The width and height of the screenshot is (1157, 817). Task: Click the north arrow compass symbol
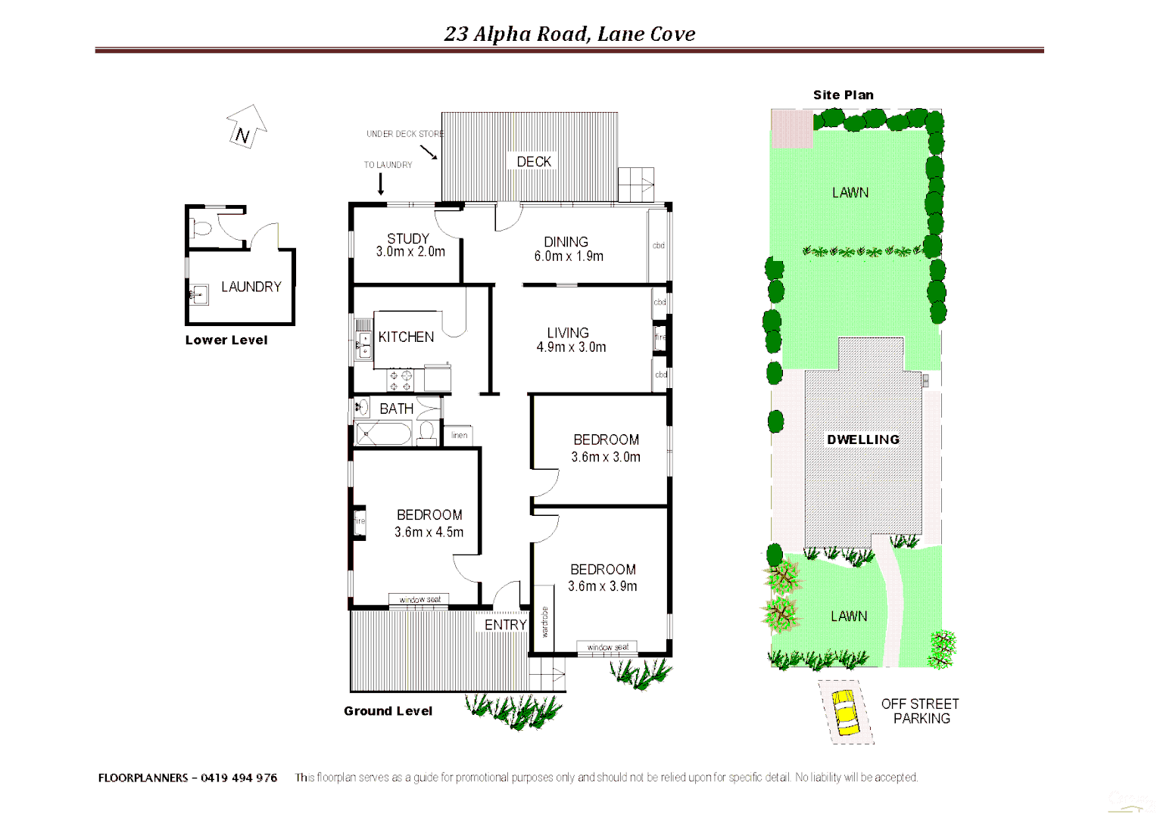pyautogui.click(x=246, y=127)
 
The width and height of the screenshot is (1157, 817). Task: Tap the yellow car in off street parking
pyautogui.click(x=845, y=711)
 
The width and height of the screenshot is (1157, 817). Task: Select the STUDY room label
pyautogui.click(x=408, y=238)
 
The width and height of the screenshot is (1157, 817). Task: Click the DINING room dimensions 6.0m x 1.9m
pyautogui.click(x=569, y=256)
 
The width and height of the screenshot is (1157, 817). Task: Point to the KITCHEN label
pyautogui.click(x=406, y=337)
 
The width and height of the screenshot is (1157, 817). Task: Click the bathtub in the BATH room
pyautogui.click(x=383, y=434)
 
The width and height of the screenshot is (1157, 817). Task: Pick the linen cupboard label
pyautogui.click(x=459, y=435)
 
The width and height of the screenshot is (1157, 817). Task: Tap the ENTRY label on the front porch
pyautogui.click(x=505, y=625)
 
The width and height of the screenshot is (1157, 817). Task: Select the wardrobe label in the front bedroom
pyautogui.click(x=544, y=622)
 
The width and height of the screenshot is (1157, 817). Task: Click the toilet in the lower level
pyautogui.click(x=201, y=227)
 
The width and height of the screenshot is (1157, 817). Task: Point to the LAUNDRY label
pyautogui.click(x=251, y=287)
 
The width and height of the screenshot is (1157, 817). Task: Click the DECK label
pyautogui.click(x=534, y=161)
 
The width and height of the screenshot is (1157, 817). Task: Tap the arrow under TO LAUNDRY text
pyautogui.click(x=380, y=184)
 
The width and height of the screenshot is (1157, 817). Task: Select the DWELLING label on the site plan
pyautogui.click(x=862, y=440)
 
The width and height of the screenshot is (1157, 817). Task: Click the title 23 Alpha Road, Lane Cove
pyautogui.click(x=569, y=34)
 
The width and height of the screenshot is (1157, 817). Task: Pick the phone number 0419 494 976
pyautogui.click(x=239, y=778)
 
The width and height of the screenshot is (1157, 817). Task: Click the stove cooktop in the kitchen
pyautogui.click(x=401, y=380)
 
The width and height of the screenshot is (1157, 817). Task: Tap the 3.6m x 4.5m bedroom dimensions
pyautogui.click(x=429, y=533)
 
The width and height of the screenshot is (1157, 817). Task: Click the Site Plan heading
pyautogui.click(x=843, y=95)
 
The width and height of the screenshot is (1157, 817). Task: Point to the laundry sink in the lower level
pyautogui.click(x=198, y=294)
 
